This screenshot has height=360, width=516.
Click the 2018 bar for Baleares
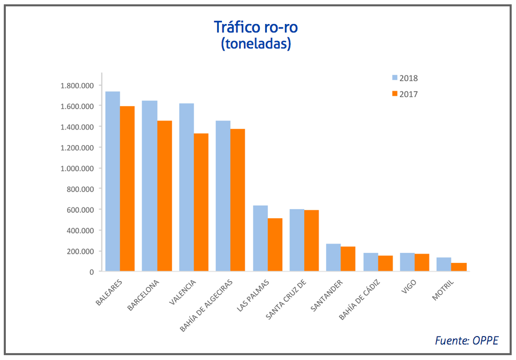click(x=113, y=181)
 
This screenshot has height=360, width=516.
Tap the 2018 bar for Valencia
click(x=186, y=187)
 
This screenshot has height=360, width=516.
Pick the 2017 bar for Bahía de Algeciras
click(x=237, y=200)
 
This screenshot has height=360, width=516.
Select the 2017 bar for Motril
click(x=459, y=267)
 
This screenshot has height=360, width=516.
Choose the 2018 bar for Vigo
click(x=407, y=262)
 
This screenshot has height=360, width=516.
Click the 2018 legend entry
click(x=405, y=78)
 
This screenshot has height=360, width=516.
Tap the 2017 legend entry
click(x=405, y=94)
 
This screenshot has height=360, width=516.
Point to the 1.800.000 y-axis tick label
click(x=77, y=85)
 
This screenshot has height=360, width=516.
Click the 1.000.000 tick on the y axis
click(x=77, y=169)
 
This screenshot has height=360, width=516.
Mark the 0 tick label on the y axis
click(x=91, y=272)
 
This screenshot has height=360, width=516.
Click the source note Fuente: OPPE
click(x=466, y=340)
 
